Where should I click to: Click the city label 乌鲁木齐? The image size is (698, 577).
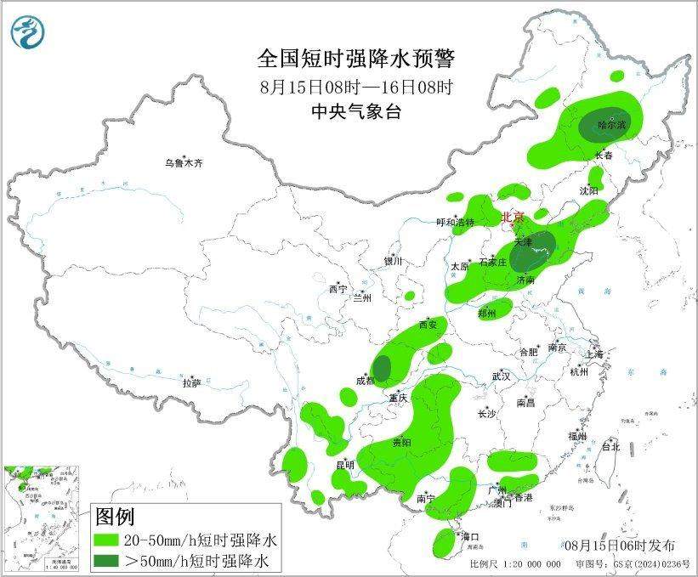click(x=184, y=162)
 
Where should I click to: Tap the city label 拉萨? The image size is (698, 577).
click(x=191, y=383)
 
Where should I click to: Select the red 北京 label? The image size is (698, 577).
click(x=514, y=217)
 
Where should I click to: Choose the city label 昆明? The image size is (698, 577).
click(x=344, y=465)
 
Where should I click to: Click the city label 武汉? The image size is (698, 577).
click(x=501, y=376)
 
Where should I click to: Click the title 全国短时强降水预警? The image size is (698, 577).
click(x=356, y=59)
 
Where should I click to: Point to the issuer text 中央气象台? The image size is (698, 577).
click(x=356, y=111)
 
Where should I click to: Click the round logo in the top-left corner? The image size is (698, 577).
click(x=26, y=31)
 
